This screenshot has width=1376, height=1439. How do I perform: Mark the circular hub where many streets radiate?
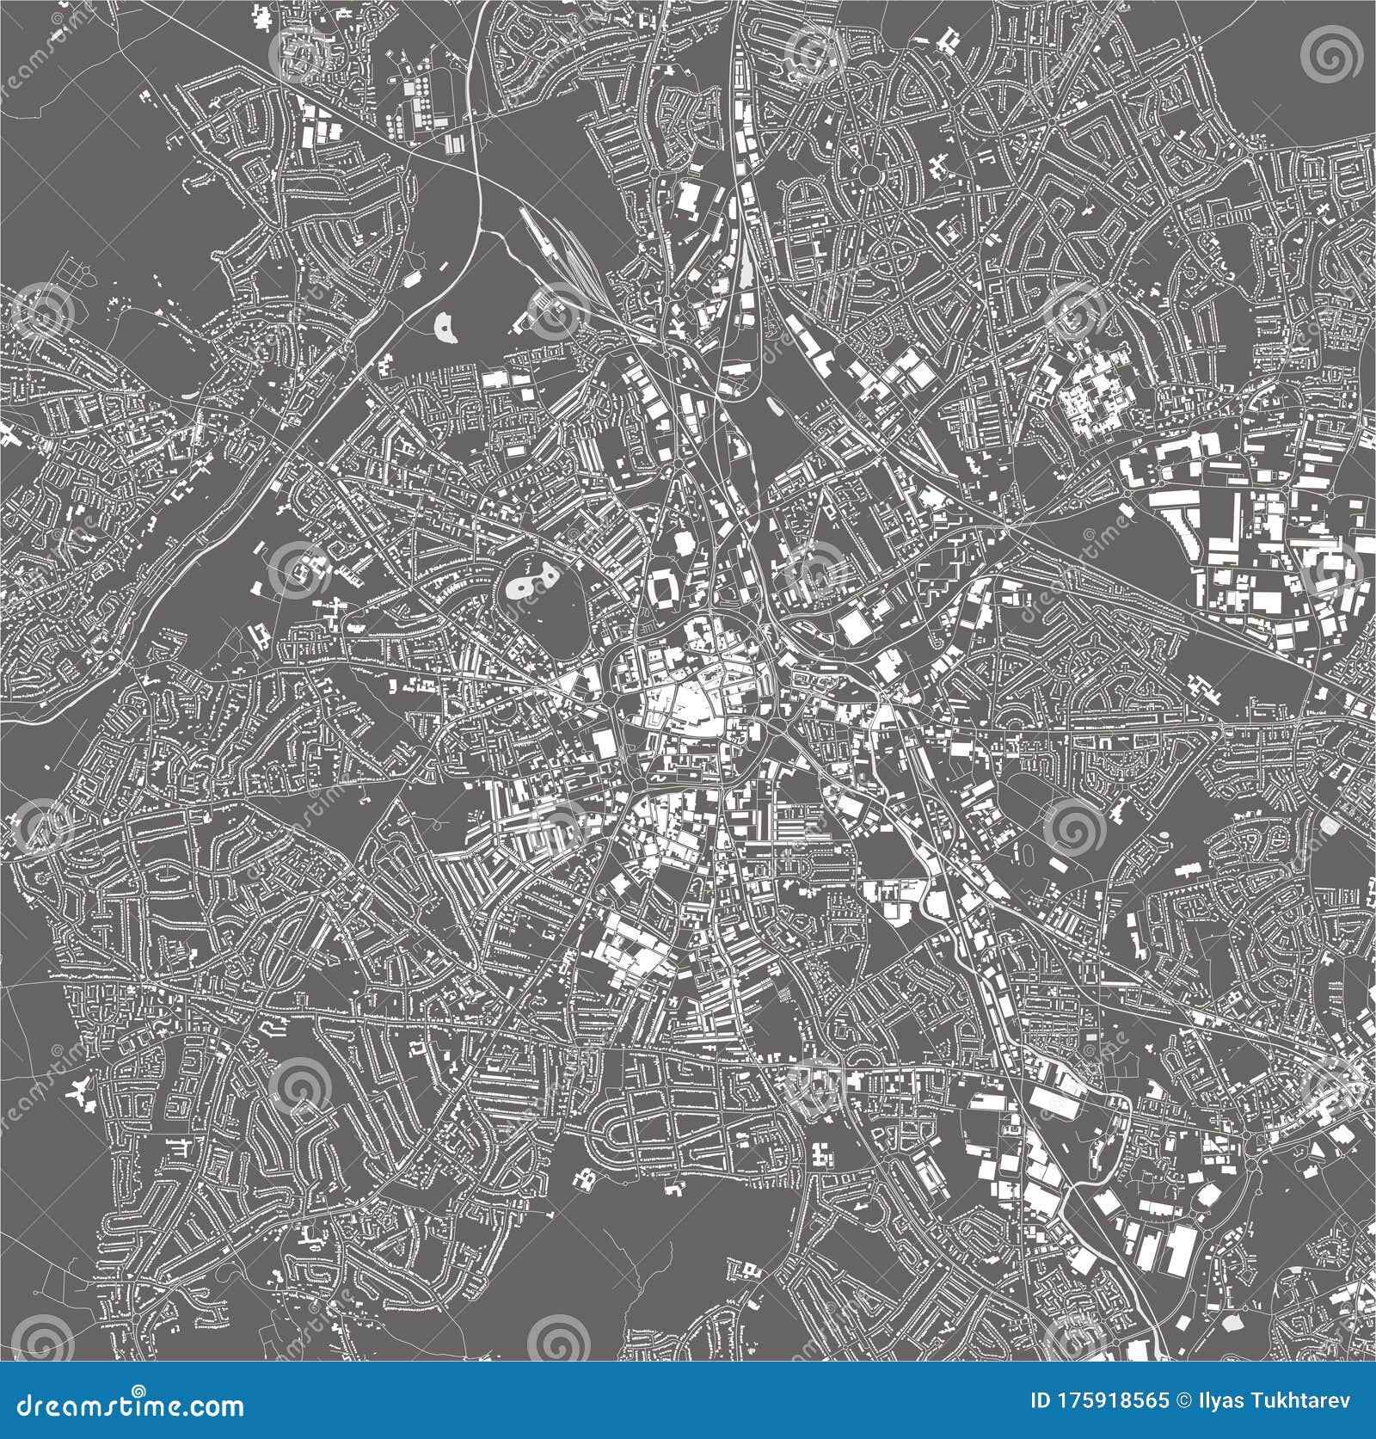coord(869,175)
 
